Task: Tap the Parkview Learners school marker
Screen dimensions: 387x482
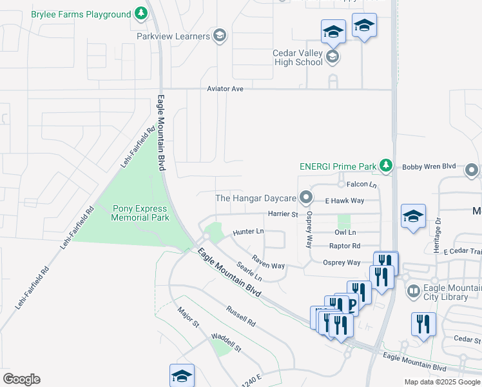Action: pos(219,36)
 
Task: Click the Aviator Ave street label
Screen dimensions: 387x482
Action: pos(225,89)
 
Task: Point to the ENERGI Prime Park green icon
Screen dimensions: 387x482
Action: pos(385,166)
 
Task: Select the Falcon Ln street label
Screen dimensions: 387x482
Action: pos(361,184)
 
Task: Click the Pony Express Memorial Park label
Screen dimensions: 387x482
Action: pos(140,213)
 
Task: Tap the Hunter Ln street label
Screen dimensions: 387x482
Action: pos(249,231)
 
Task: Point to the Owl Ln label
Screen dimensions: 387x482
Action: pos(345,232)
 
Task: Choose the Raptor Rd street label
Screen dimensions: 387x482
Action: pos(345,246)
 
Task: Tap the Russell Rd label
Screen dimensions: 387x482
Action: pos(241,315)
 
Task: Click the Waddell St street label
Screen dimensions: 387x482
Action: pos(225,342)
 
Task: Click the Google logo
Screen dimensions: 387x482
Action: pos(21,379)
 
